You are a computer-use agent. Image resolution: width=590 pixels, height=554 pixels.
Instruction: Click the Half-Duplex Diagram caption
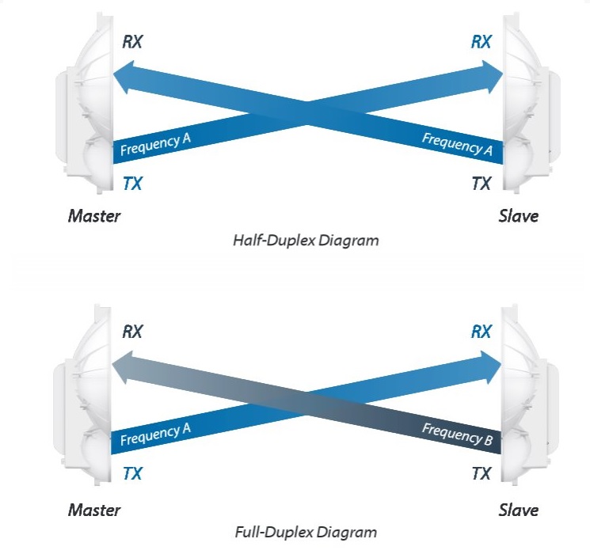coord(306,241)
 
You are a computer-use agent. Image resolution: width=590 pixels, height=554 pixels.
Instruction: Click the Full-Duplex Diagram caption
coord(306,532)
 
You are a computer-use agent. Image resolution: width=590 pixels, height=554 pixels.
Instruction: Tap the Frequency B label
coord(457,434)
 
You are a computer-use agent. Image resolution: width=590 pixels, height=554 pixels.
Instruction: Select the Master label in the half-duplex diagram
coord(94,216)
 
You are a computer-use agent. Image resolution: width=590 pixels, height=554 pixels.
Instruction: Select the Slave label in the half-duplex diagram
coord(519,216)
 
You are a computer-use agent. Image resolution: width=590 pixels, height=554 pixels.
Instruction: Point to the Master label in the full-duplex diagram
coord(94,510)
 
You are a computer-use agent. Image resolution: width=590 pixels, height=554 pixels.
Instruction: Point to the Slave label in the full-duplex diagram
coord(519,510)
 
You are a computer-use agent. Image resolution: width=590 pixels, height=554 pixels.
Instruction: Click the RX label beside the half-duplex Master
coord(132,41)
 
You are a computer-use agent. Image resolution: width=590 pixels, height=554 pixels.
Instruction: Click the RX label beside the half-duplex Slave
coord(482,41)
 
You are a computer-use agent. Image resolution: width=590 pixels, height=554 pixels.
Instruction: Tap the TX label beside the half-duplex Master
coord(132,184)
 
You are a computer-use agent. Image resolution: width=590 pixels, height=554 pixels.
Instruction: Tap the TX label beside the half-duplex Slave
coord(482,184)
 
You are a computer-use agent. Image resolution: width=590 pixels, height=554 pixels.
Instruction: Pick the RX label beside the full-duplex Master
coord(132,332)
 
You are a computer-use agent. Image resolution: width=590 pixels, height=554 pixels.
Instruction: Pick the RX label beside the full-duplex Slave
coord(482,332)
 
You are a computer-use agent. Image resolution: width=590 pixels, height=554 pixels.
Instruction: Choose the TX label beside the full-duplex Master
coord(132,473)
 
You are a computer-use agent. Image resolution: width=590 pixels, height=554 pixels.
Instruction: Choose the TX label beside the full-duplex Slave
coord(482,473)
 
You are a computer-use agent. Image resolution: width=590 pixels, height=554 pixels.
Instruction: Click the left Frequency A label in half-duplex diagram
coord(155,144)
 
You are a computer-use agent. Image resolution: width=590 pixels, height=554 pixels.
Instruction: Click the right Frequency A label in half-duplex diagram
coord(457,144)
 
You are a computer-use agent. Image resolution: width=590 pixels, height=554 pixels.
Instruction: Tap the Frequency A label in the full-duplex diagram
coord(155,434)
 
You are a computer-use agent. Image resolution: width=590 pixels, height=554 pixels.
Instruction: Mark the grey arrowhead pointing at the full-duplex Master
coord(122,367)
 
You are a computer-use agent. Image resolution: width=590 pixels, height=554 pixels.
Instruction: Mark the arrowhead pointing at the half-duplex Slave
coord(493,77)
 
